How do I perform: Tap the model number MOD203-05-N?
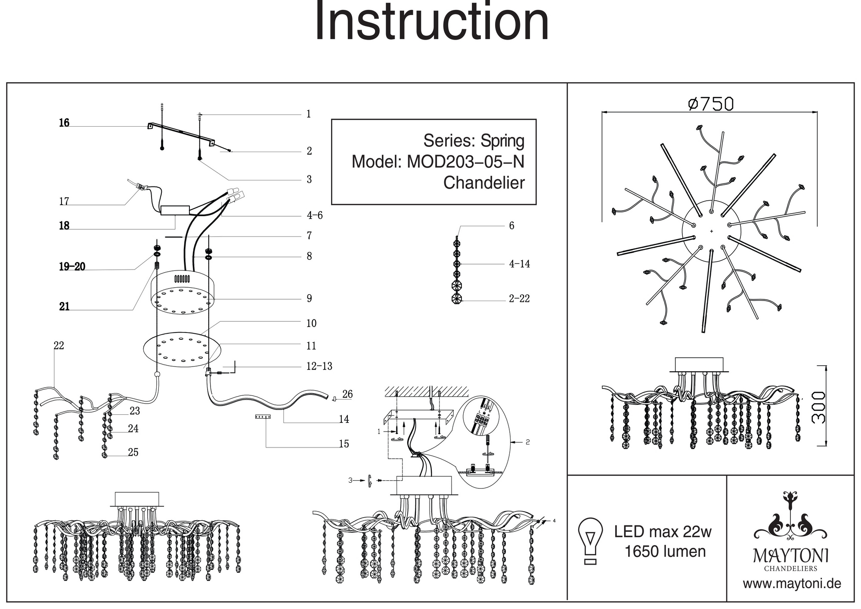[465, 162]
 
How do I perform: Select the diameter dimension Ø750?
[711, 104]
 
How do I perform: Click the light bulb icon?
[591, 541]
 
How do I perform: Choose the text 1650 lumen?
[665, 552]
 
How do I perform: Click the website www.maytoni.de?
[792, 584]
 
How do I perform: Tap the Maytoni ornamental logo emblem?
[790, 517]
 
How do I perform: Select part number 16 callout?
[64, 123]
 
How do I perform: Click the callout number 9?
[309, 298]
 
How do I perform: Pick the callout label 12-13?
[319, 367]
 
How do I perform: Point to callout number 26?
[347, 394]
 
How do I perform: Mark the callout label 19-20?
[72, 267]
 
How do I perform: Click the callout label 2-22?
[519, 299]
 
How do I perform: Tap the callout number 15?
[344, 444]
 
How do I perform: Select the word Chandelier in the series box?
[484, 183]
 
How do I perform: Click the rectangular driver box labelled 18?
[175, 210]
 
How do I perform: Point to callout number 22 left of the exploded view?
[59, 346]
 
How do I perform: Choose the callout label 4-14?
[520, 264]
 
